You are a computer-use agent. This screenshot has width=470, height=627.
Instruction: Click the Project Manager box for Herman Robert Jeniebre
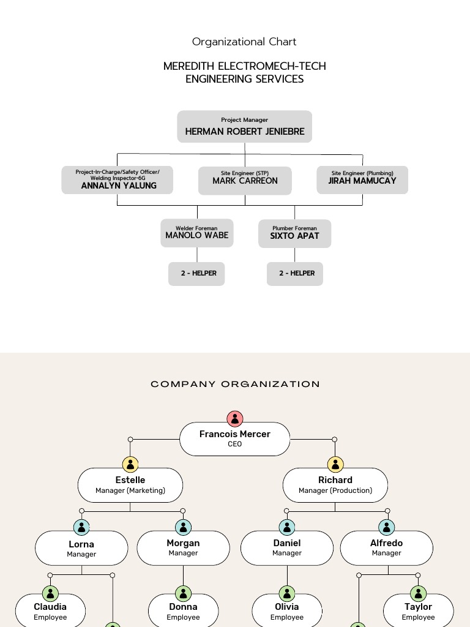[x=245, y=127]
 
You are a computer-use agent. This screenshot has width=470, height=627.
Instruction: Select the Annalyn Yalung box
[x=117, y=180]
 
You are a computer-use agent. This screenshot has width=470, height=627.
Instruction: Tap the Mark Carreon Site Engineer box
[x=245, y=181]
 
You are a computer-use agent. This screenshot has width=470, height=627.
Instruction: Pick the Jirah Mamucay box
[x=362, y=181]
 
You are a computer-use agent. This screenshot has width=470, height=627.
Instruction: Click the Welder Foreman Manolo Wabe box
[x=197, y=233]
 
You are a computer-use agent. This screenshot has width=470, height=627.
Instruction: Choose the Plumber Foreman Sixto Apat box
[x=295, y=234]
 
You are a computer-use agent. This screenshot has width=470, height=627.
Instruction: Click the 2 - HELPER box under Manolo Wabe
[x=197, y=274]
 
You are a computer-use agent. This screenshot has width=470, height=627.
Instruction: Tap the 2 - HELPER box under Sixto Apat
[x=295, y=274]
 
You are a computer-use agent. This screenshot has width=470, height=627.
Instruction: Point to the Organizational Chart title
[x=244, y=42]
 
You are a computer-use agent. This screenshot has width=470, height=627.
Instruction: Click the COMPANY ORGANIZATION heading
[x=235, y=385]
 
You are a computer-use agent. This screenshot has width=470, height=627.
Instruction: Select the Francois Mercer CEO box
[x=235, y=438]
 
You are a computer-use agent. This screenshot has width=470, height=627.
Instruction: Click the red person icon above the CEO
[x=235, y=419]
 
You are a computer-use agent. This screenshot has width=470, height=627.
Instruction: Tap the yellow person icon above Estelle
[x=130, y=464]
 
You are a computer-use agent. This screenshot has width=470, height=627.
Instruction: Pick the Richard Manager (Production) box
[x=335, y=485]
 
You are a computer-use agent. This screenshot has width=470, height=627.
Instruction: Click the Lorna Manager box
[x=81, y=548]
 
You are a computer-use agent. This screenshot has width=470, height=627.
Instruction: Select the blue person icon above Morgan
[x=183, y=527]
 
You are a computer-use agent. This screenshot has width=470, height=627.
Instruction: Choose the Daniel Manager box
[x=287, y=547]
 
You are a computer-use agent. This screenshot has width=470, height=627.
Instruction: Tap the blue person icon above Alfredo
[x=386, y=527]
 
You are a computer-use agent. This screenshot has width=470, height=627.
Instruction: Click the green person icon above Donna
[x=183, y=593]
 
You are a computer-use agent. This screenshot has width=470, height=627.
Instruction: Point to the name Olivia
[x=287, y=607]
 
